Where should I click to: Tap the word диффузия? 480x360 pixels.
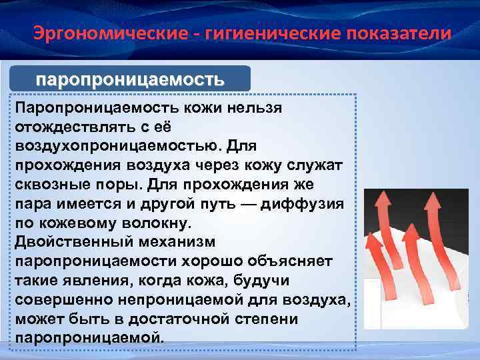[311, 203]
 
